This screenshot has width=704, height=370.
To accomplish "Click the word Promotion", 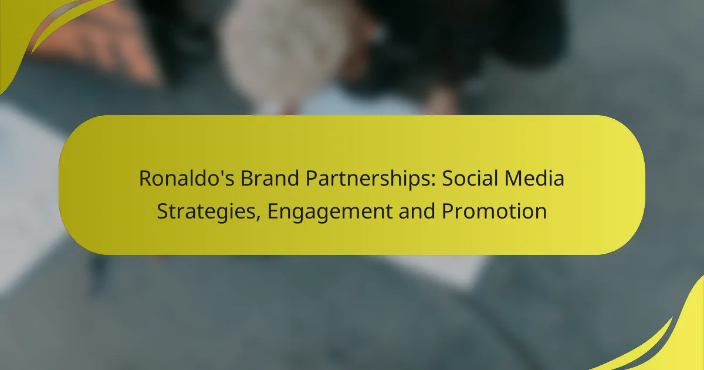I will [494, 211].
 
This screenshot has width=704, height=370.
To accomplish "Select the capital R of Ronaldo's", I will [144, 179].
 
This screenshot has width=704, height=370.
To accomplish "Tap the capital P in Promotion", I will [447, 211].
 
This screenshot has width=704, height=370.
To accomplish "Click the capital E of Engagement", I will [273, 211].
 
